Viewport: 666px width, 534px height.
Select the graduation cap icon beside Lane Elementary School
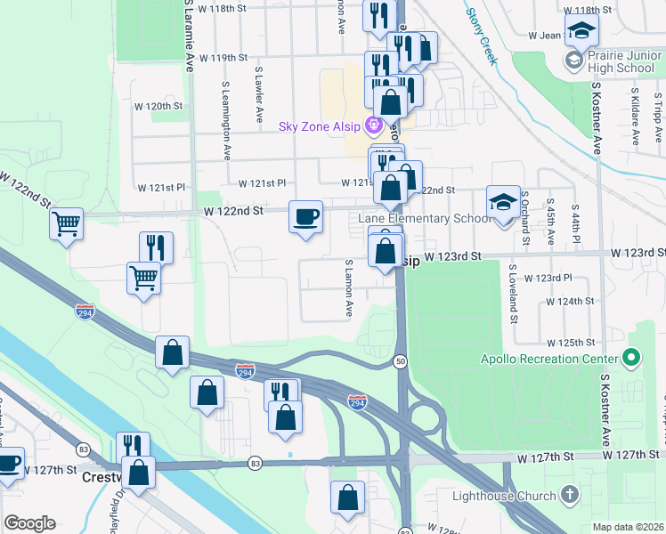503,202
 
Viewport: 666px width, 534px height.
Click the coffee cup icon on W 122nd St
305,216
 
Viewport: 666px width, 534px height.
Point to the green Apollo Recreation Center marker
632,359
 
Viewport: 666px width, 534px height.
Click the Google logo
29,523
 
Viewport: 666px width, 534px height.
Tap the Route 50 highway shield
402,360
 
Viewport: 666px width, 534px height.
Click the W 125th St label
571,343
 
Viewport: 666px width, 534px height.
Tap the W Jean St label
546,36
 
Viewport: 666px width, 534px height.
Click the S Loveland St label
513,287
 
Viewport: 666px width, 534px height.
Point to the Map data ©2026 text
628,527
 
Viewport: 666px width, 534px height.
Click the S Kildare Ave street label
635,116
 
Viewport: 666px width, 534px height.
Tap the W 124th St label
571,302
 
